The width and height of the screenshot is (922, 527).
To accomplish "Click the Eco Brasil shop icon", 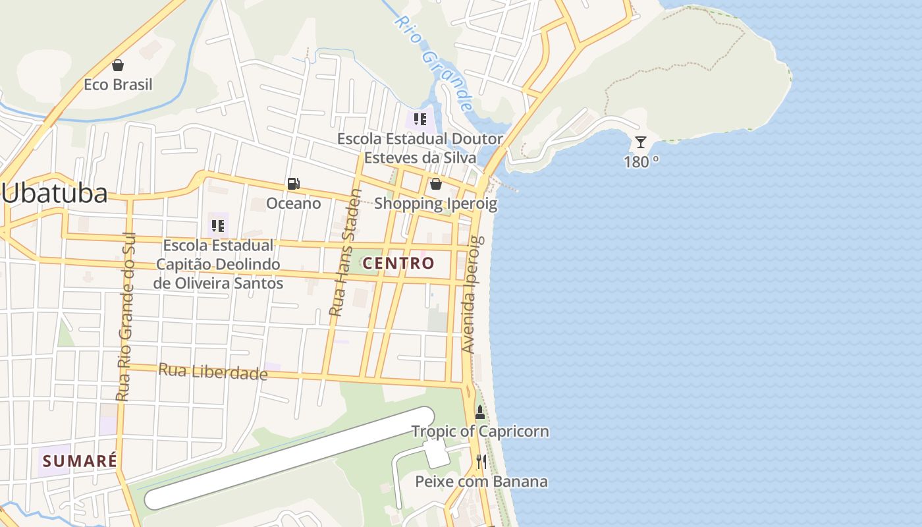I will click(x=118, y=65).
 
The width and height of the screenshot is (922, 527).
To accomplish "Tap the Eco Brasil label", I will click(x=118, y=84).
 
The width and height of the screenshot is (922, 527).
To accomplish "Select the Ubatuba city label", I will click(x=55, y=193).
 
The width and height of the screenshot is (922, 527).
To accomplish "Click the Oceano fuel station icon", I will click(x=293, y=184).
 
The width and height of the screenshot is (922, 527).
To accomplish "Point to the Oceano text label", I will click(x=294, y=203).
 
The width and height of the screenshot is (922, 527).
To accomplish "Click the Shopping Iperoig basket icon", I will click(x=435, y=184).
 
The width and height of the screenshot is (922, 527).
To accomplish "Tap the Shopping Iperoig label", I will click(x=435, y=204).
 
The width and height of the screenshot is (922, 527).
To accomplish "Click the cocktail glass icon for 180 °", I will click(x=640, y=142).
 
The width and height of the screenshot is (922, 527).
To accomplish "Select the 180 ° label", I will click(x=641, y=161).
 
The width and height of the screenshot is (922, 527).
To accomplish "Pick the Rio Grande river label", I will click(x=434, y=63).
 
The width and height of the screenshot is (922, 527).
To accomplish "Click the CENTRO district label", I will click(x=398, y=263).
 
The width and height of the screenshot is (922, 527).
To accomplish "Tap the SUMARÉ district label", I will click(x=80, y=460).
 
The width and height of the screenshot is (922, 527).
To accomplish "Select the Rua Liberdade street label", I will click(x=213, y=372).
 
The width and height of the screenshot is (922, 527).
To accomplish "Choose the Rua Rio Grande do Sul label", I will click(x=124, y=316).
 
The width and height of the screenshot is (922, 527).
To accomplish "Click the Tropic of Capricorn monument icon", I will click(x=479, y=413).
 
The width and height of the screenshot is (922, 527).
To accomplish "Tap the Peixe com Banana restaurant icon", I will click(x=481, y=462).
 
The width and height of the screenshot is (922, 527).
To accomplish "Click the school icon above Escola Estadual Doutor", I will click(x=420, y=119).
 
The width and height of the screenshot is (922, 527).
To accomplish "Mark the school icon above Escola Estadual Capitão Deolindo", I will click(x=217, y=226).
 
